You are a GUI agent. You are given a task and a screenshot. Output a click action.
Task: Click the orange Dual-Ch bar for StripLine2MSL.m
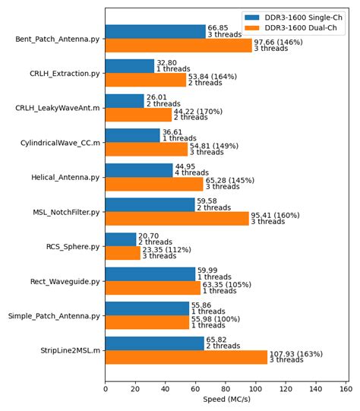click(186, 357)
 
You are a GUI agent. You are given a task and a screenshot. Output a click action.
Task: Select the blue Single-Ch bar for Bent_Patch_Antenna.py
click(155, 31)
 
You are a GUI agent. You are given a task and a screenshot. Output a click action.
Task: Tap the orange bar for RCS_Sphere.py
click(122, 253)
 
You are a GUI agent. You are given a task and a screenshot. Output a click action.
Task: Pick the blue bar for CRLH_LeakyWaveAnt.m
click(125, 101)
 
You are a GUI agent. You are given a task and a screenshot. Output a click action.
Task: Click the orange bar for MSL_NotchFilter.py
click(177, 219)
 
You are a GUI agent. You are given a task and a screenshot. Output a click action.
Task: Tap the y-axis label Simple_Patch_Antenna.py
click(54, 316)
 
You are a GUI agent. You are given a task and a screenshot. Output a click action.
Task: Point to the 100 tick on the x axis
click(256, 387)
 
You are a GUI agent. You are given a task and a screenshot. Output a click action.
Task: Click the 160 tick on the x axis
click(346, 387)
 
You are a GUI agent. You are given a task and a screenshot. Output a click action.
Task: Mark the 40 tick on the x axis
click(166, 387)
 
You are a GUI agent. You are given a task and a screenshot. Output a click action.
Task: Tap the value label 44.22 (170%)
click(198, 111)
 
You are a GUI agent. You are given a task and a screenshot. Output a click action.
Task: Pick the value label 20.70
click(149, 236)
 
